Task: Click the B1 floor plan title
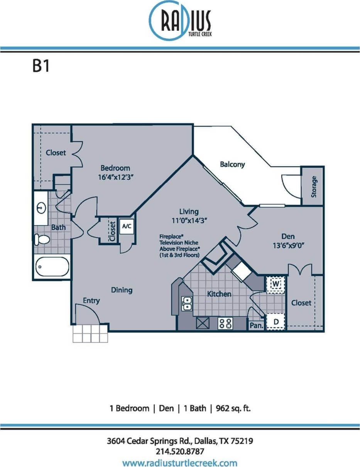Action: tap(41, 66)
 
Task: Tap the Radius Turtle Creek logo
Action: tap(180, 20)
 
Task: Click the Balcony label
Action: tap(232, 164)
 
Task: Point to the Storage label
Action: tap(314, 187)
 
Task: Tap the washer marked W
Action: tap(276, 284)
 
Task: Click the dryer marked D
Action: tap(276, 322)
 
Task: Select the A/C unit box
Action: tap(127, 226)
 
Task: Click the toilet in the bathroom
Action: tap(42, 239)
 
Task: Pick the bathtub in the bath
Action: tap(52, 266)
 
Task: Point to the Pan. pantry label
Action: tap(256, 325)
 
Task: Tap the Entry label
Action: tap(91, 300)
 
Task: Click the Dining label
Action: tap(122, 290)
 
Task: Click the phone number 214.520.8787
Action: tap(180, 451)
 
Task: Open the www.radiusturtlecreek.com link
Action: tap(180, 462)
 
